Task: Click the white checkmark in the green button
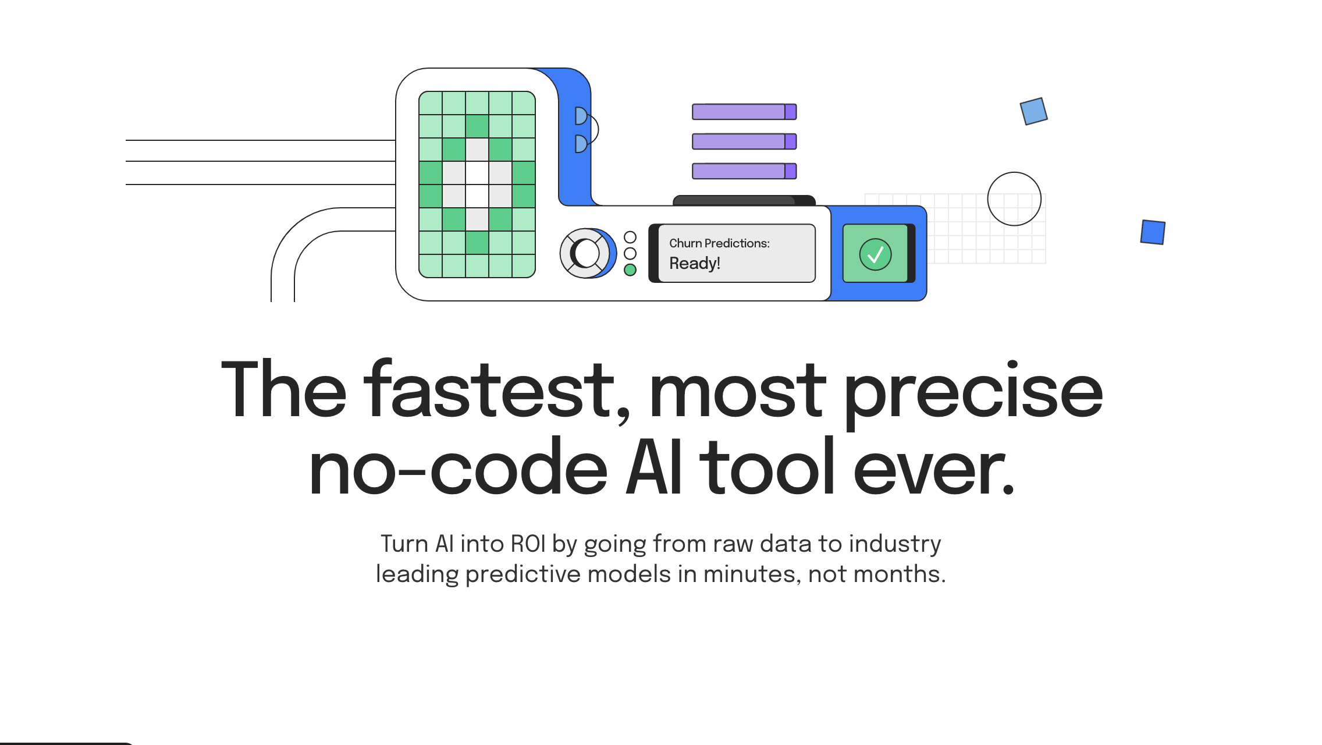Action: pyautogui.click(x=875, y=254)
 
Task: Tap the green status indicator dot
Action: pyautogui.click(x=630, y=270)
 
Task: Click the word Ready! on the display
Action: pyautogui.click(x=695, y=264)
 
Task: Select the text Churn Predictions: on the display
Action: pyautogui.click(x=719, y=243)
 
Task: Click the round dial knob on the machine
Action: pyautogui.click(x=586, y=253)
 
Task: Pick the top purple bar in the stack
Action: pyautogui.click(x=744, y=112)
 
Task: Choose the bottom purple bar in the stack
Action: pyautogui.click(x=744, y=171)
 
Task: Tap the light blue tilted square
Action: pyautogui.click(x=1033, y=111)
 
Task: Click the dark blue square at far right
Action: pyautogui.click(x=1153, y=232)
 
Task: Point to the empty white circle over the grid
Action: pyautogui.click(x=1014, y=199)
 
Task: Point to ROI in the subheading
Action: pyautogui.click(x=528, y=544)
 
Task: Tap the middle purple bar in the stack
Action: pyautogui.click(x=744, y=141)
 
